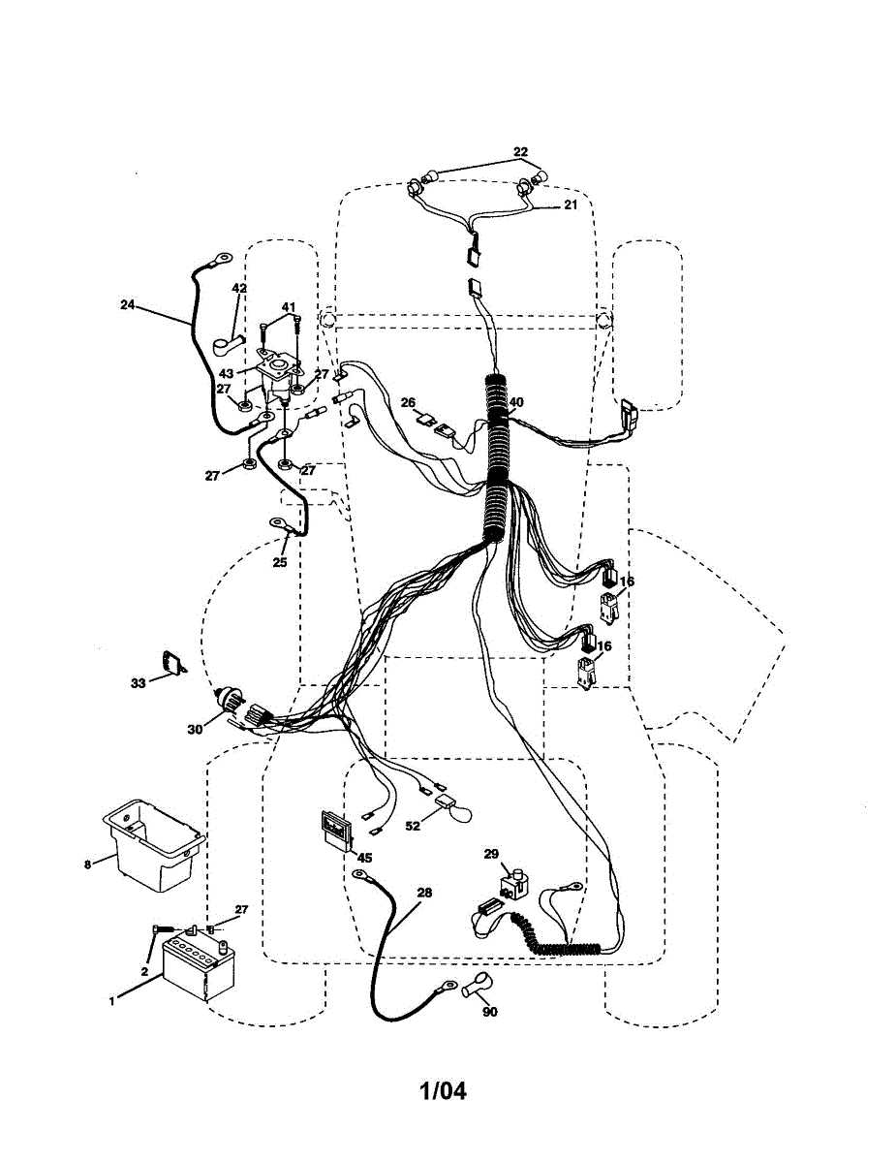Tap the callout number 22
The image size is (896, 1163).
[521, 152]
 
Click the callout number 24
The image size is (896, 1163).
[128, 304]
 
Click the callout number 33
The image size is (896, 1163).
[139, 683]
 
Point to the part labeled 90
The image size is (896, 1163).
[475, 990]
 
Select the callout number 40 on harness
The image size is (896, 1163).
[516, 402]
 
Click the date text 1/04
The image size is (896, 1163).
[443, 1091]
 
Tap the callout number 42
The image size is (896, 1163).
[239, 288]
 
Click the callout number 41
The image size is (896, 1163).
[288, 307]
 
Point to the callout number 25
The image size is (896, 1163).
[281, 562]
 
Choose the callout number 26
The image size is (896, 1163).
[408, 402]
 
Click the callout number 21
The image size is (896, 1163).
[571, 205]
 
